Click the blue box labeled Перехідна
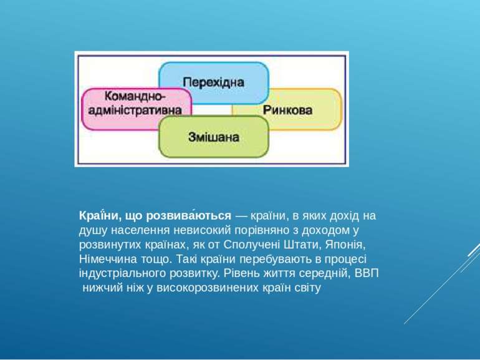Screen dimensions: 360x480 point(213,82)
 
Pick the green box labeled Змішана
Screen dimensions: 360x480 point(214,136)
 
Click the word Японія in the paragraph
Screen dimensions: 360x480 point(345,244)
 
